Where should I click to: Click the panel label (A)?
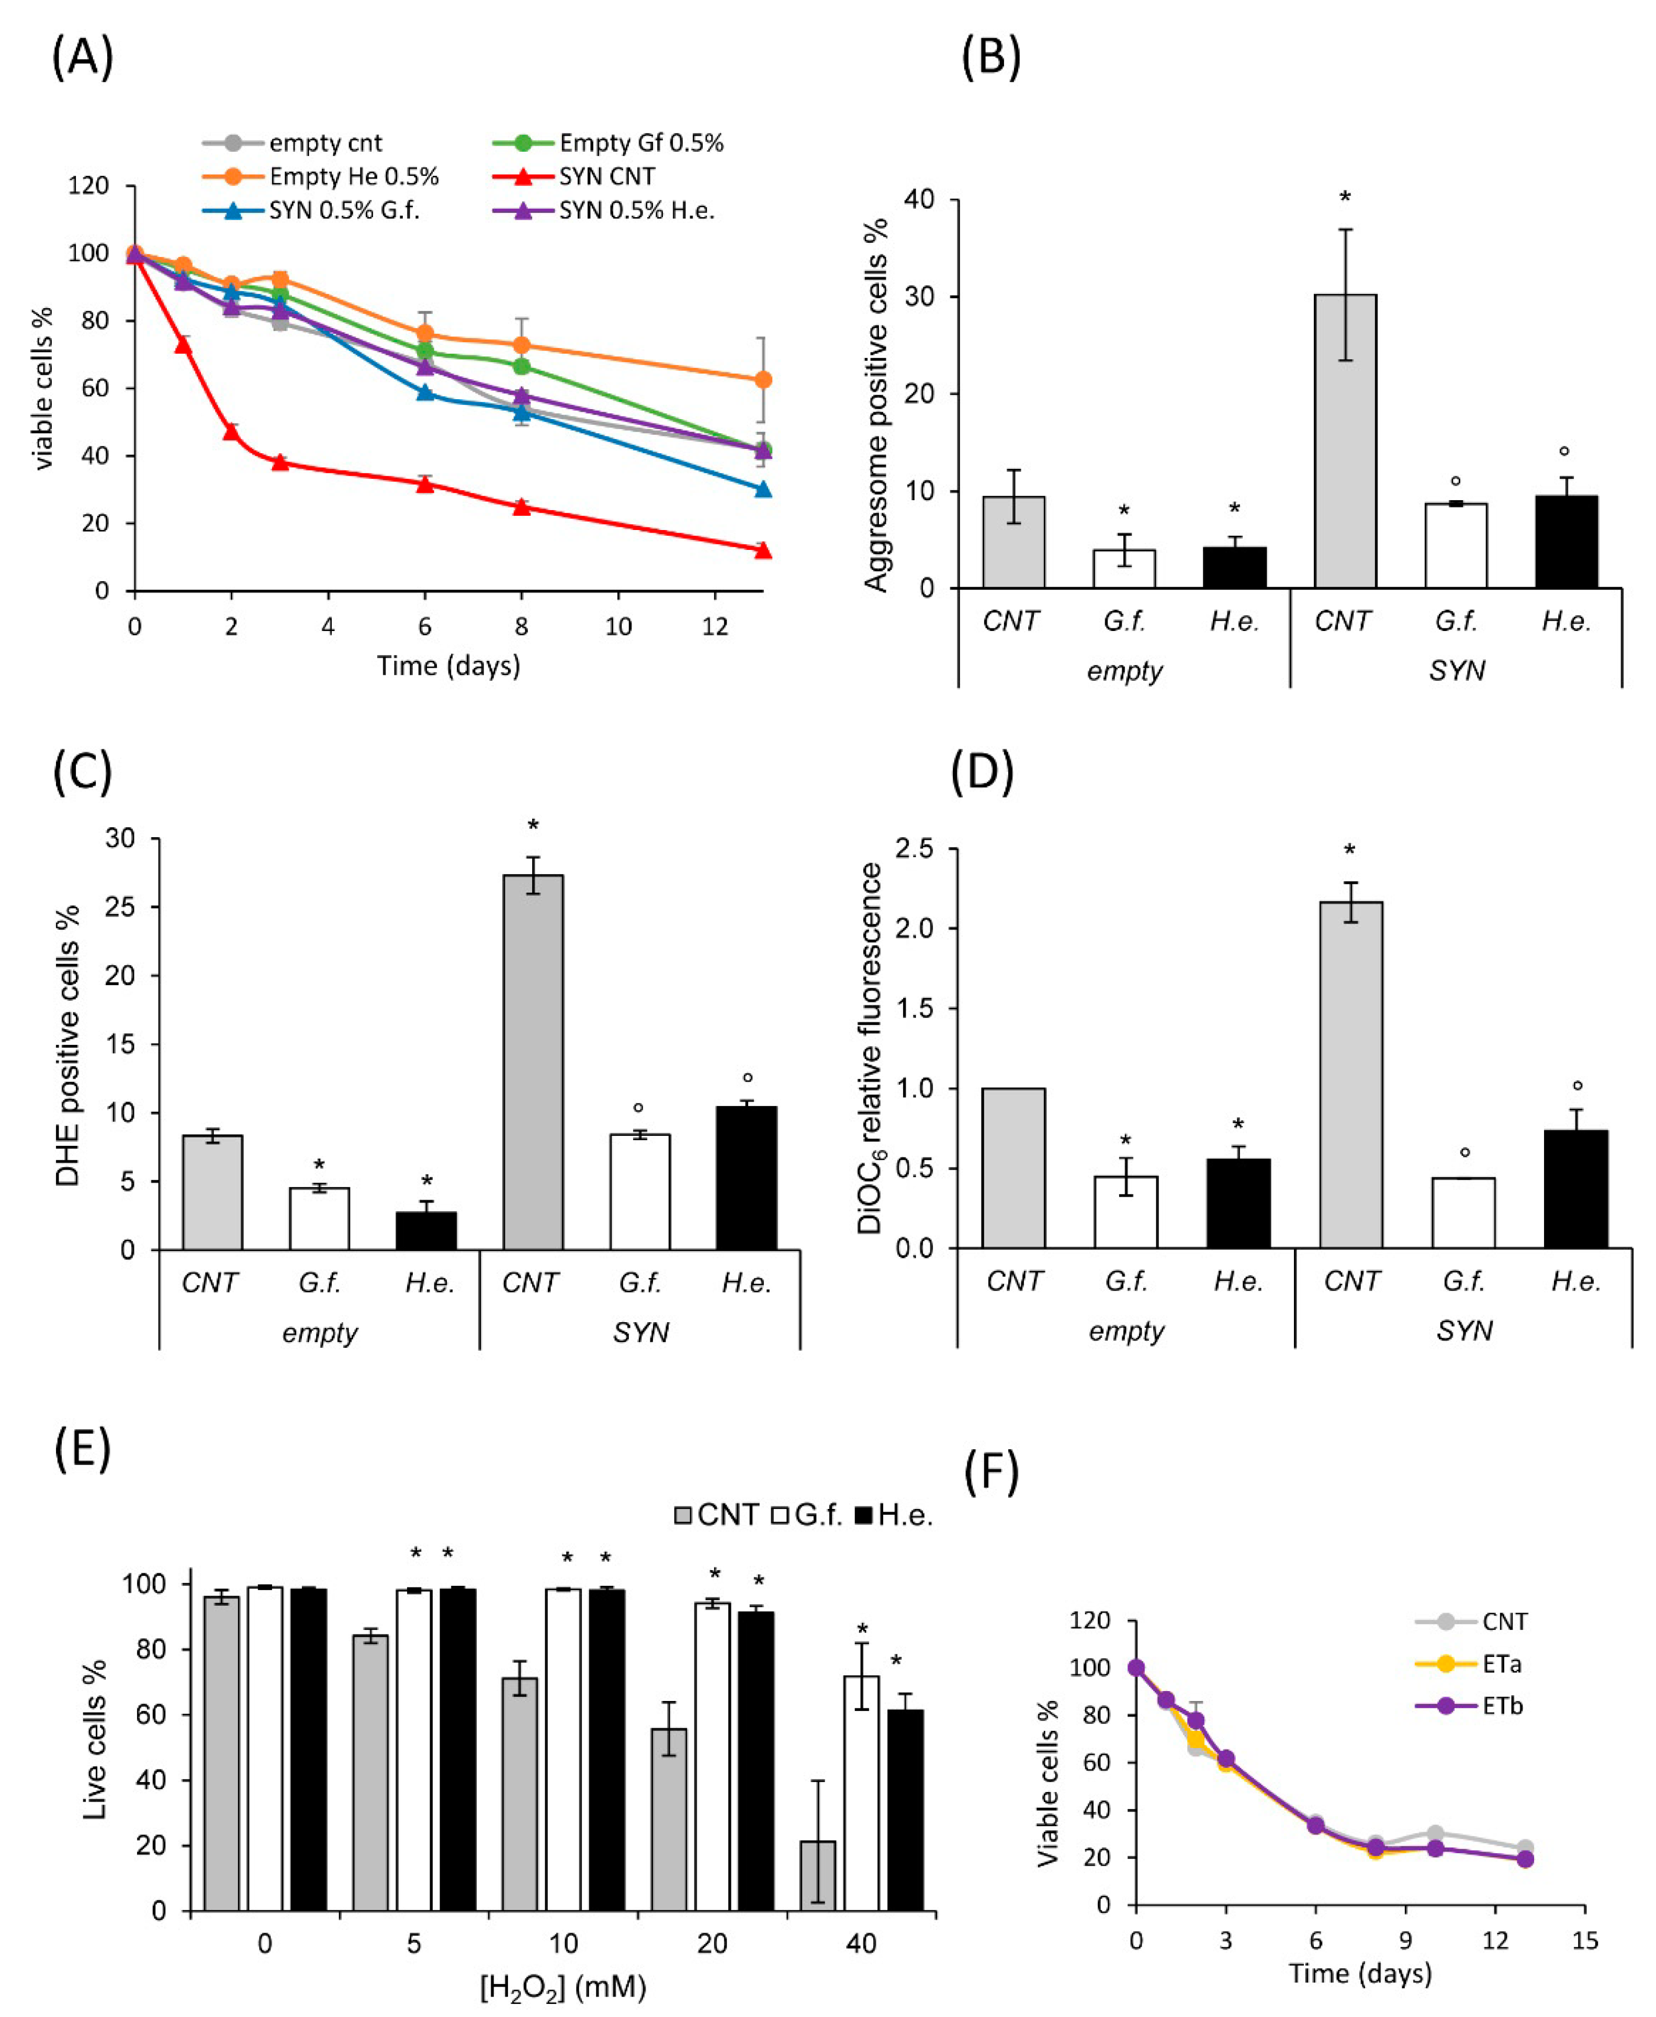coord(83,57)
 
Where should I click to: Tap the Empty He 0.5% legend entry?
coord(353,176)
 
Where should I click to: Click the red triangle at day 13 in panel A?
coord(762,550)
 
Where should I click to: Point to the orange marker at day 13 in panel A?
coord(762,379)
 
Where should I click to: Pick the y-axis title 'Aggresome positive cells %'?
coord(876,405)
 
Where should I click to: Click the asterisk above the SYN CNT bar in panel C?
coord(533,826)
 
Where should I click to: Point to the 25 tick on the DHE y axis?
coord(120,907)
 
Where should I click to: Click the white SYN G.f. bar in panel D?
coord(1463,1212)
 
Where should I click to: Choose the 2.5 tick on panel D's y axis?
coord(914,849)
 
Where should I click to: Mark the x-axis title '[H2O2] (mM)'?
coord(563,1987)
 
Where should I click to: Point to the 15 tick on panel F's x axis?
coord(1584,1941)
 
